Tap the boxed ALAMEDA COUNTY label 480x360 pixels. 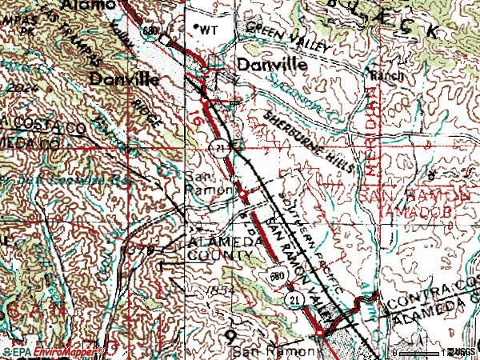click(216, 249)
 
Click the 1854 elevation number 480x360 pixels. click(218, 289)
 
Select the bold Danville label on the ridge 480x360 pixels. click(123, 78)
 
